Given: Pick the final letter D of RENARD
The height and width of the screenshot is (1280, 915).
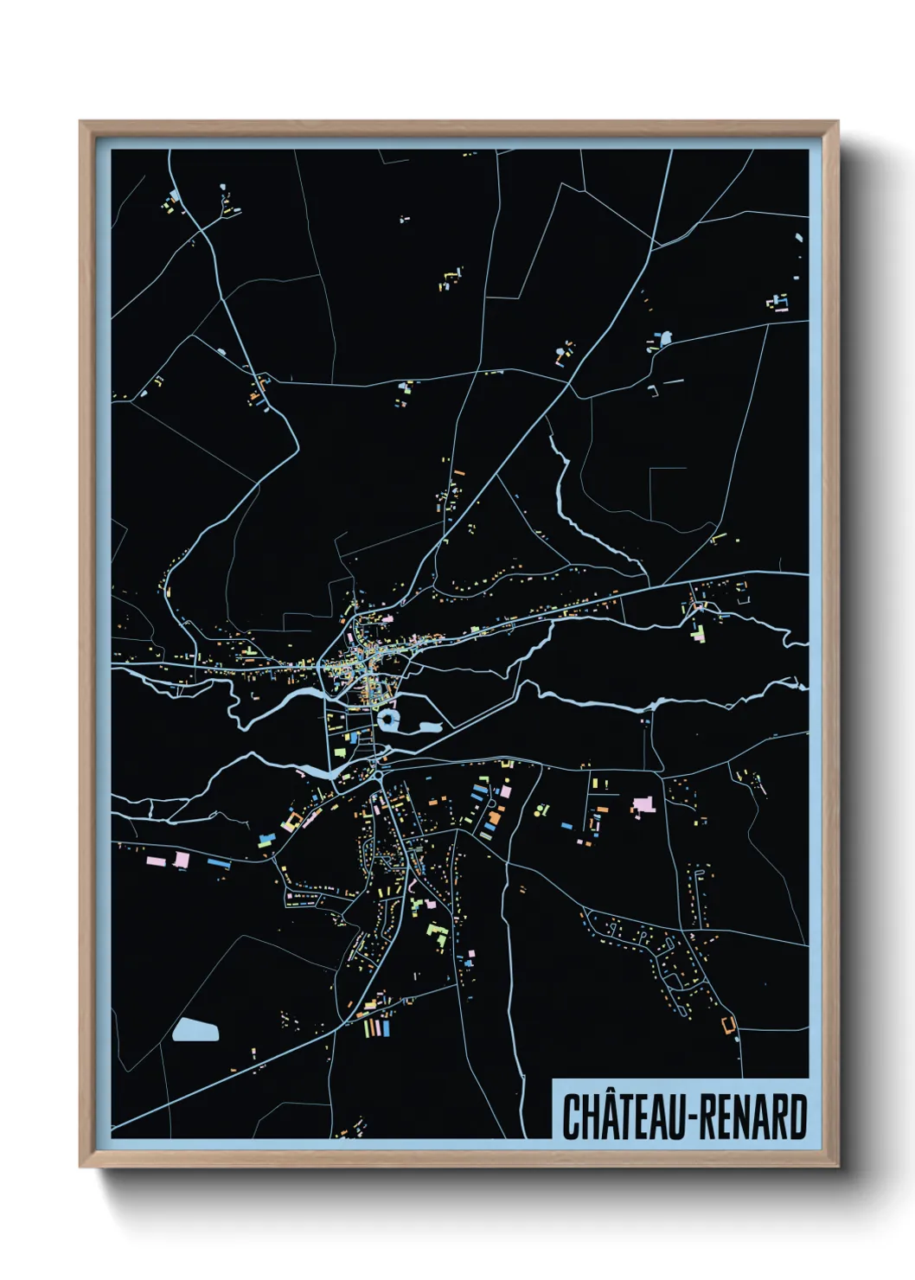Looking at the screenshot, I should pyautogui.click(x=798, y=1117).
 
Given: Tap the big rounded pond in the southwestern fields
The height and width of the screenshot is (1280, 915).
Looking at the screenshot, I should pyautogui.click(x=195, y=1029).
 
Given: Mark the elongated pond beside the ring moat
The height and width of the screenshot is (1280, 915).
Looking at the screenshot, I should pyautogui.click(x=427, y=727).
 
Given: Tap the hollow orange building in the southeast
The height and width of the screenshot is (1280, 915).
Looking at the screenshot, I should pyautogui.click(x=728, y=1025).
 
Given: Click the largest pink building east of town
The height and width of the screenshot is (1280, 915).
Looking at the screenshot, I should pyautogui.click(x=643, y=806).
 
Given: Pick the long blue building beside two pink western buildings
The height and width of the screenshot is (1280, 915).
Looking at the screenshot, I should pyautogui.click(x=219, y=862).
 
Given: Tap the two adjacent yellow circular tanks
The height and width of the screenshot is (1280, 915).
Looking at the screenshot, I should pyautogui.click(x=541, y=810).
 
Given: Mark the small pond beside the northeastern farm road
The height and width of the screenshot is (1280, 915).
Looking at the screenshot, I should pyautogui.click(x=665, y=338).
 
